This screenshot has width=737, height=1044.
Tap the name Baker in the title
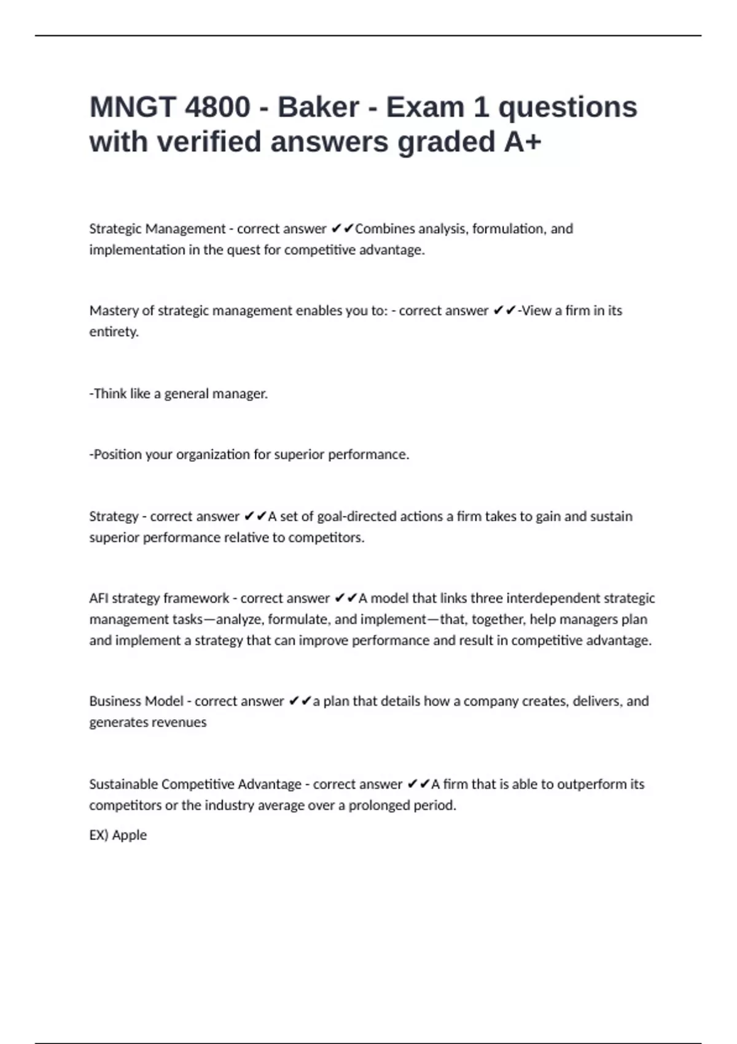click(318, 107)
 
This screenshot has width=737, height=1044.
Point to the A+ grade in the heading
click(523, 142)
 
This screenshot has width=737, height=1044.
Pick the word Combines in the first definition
click(384, 229)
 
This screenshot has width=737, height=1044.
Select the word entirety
click(114, 332)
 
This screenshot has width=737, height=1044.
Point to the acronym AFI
click(98, 598)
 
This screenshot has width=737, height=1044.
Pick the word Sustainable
click(123, 784)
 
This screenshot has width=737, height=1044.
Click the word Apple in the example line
click(130, 835)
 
